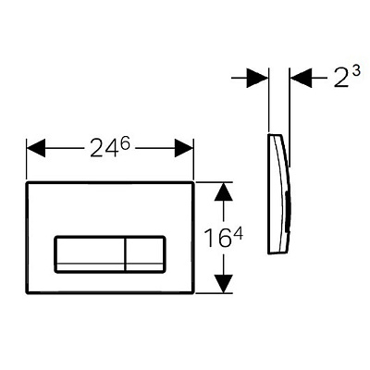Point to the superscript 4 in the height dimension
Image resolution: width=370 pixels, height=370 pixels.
click(x=238, y=233)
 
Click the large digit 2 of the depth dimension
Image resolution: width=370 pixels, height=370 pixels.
click(x=342, y=79)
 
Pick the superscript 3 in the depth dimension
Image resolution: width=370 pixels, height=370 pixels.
click(x=355, y=73)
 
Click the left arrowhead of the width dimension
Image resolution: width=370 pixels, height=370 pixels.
click(x=36, y=148)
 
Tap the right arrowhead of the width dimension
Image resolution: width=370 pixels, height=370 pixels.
click(x=184, y=148)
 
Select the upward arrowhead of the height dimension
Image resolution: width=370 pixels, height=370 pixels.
click(x=223, y=191)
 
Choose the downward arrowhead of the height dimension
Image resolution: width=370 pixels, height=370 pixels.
click(x=223, y=284)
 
